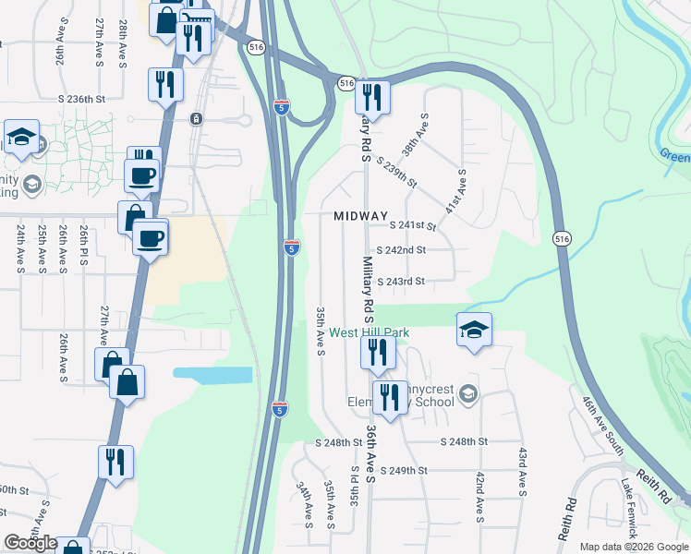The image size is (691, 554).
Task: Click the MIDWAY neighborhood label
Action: point(360,216)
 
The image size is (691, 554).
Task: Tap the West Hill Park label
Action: point(369,333)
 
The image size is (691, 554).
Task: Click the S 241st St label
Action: point(412,224)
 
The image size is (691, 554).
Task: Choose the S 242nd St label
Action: point(402,250)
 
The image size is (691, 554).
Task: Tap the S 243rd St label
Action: point(400,281)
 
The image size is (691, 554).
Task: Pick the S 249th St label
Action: point(404,470)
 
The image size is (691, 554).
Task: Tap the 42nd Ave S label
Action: point(479,497)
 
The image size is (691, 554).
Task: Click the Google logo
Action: point(30,543)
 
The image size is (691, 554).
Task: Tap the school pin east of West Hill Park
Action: point(474,330)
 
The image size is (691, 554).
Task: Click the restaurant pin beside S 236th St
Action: point(165,85)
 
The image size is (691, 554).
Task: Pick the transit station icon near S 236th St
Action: point(196,118)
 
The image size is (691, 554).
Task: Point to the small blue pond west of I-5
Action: point(212,375)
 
